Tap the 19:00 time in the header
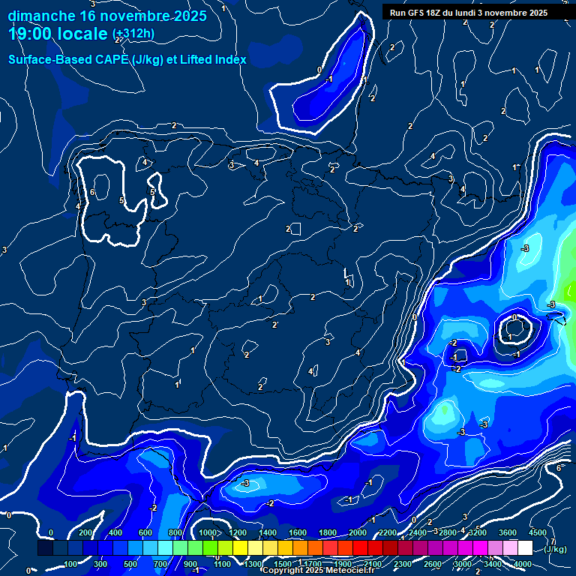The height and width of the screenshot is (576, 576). tap(33, 33)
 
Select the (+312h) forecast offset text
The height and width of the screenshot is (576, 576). tap(133, 34)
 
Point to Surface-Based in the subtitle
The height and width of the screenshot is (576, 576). tap(45, 59)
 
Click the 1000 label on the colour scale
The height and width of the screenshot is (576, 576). tap(208, 533)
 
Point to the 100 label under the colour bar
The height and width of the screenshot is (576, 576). tap(71, 564)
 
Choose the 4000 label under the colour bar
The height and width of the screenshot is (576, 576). tap(523, 564)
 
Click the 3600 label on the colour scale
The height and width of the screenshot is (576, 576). tap(508, 533)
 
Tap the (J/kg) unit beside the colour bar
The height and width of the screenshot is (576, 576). tap(556, 550)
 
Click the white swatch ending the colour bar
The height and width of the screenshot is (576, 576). tap(525, 548)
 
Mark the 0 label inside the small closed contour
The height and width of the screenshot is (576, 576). tap(514, 318)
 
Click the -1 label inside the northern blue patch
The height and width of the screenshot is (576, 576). tap(329, 79)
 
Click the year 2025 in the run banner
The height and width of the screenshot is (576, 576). tap(537, 13)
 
